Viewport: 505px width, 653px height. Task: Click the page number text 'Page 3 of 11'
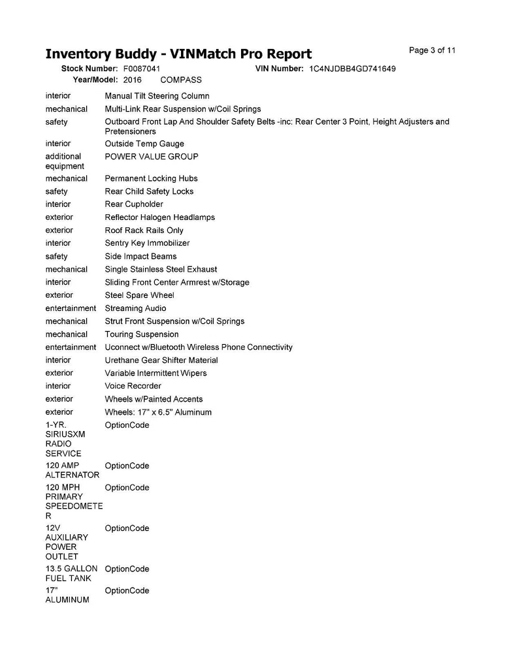pos(432,50)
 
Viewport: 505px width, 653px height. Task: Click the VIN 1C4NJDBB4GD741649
pos(352,69)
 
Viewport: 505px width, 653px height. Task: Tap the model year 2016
pos(132,80)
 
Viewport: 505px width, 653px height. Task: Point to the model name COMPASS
pos(181,80)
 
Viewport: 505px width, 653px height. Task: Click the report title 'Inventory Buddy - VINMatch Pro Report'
pos(178,54)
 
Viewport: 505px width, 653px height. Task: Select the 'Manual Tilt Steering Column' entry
pos(157,96)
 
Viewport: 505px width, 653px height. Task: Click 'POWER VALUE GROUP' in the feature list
pos(152,157)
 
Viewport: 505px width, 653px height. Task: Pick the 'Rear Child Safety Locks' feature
pos(149,191)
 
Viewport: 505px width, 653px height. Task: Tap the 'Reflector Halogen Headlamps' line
pos(159,217)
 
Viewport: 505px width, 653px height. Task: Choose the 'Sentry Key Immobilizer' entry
pos(147,243)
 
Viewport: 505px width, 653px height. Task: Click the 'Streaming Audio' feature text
pos(135,308)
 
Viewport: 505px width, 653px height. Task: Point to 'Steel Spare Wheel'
pos(139,295)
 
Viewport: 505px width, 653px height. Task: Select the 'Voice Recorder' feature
pos(133,386)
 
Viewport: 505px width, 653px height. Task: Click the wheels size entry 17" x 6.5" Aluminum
pos(158,412)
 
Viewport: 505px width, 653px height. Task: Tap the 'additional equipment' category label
pos(64,161)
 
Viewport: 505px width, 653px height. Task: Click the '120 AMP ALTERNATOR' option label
pos(72,470)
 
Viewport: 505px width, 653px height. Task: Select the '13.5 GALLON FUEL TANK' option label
pos(71,573)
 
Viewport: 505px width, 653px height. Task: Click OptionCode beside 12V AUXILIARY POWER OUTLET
pos(127,528)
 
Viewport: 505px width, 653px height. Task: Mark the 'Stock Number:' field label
pos(89,69)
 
